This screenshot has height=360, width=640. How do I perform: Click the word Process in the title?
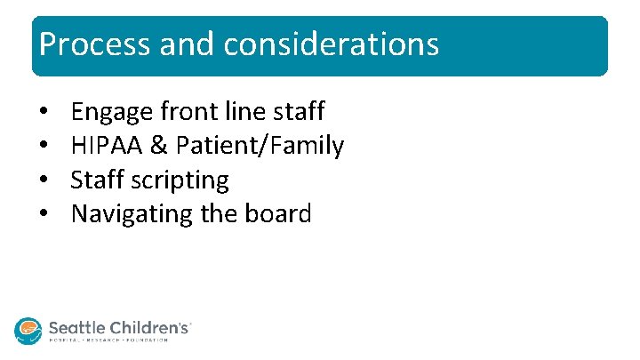pyautogui.click(x=84, y=44)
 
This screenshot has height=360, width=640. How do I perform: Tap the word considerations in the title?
pyautogui.click(x=332, y=44)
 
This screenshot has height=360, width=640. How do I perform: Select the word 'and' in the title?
pyautogui.click(x=177, y=44)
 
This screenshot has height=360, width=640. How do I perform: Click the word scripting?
pyautogui.click(x=180, y=180)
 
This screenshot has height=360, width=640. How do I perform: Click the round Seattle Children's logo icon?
pyautogui.click(x=28, y=330)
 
